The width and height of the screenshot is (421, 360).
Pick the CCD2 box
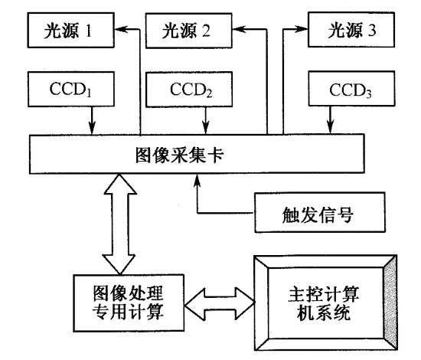coord(188,89)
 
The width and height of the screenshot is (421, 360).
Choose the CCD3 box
coord(351,89)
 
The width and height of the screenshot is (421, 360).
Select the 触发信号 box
coord(315,214)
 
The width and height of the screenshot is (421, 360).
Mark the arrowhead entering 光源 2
coord(240,28)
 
